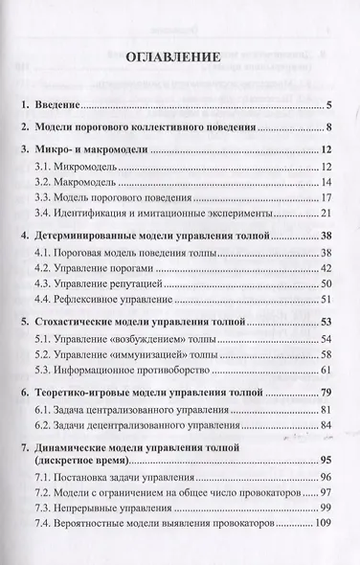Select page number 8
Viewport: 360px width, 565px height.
pyautogui.click(x=326, y=127)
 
